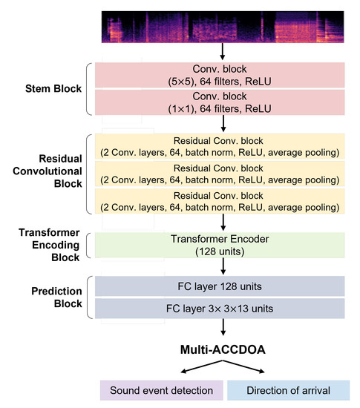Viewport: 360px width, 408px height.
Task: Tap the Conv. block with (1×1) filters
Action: click(222, 103)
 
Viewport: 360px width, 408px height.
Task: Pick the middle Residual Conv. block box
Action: click(222, 174)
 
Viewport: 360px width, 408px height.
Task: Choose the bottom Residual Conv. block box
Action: click(222, 201)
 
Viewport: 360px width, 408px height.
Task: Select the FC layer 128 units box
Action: click(222, 287)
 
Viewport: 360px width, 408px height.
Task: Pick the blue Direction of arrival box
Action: click(287, 390)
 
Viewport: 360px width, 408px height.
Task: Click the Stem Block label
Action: click(49, 90)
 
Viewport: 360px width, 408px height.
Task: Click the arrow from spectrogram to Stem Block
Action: click(222, 52)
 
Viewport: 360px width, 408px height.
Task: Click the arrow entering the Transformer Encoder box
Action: click(222, 223)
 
